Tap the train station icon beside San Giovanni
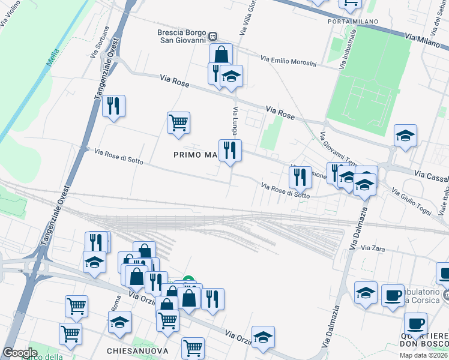pos(213,37)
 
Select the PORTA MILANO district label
pos(353,22)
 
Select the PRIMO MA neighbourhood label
pos(194,155)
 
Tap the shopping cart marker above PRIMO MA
pos(179,123)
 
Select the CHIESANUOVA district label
pos(137,350)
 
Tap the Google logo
pos(20,353)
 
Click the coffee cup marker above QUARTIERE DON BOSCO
pos(415,324)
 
